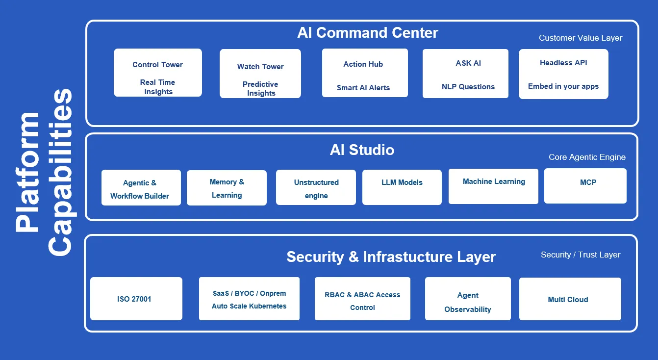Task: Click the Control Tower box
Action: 158,73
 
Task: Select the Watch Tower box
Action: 260,74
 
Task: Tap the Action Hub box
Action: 365,73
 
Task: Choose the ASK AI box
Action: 465,74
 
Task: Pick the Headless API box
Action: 563,74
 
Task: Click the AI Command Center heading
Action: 367,33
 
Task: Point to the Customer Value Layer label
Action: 581,38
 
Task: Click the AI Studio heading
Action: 362,150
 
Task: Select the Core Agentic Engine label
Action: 587,157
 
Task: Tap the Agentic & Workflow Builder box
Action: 141,187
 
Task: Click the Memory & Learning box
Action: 227,188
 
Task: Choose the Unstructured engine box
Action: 316,187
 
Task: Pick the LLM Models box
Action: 402,187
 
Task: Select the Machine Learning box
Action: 493,186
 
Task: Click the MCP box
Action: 585,185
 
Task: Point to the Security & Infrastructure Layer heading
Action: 391,257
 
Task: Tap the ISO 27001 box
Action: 136,299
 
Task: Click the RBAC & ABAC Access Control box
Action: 362,299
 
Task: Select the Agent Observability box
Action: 468,299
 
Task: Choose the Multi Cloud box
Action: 570,299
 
